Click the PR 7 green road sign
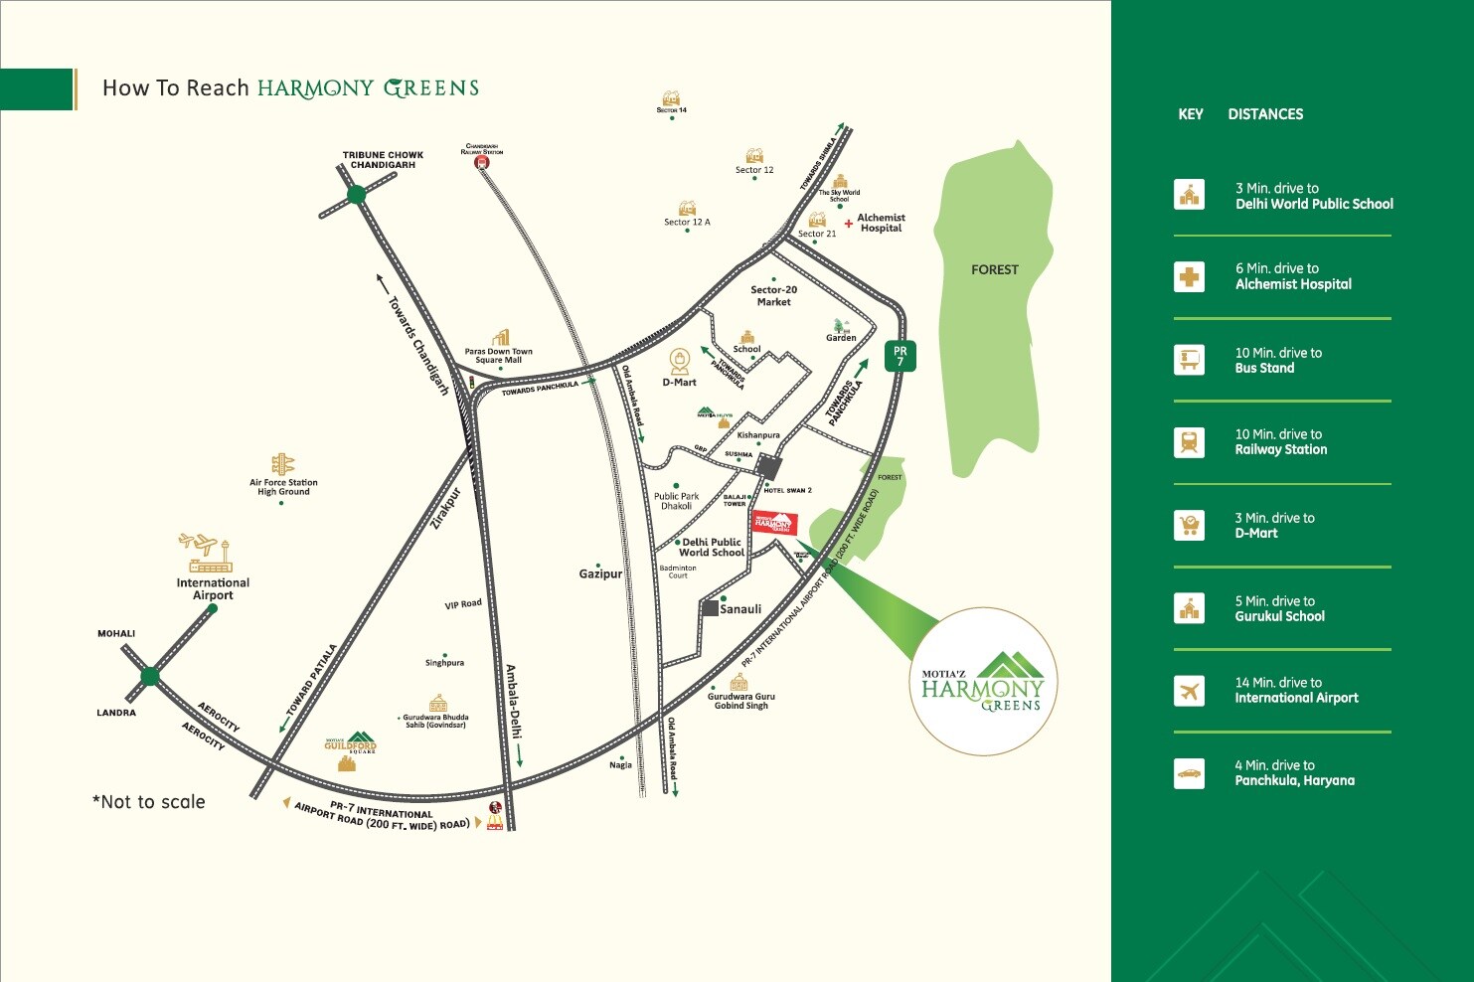(x=900, y=356)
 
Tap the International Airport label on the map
(x=213, y=589)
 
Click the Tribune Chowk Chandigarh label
(x=383, y=160)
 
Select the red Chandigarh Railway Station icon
(x=482, y=162)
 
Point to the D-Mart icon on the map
(x=680, y=359)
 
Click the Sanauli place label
(x=740, y=609)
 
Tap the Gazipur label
(x=600, y=573)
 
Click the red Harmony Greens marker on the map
(x=774, y=523)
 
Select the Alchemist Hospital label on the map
(x=881, y=223)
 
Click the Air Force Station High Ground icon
(x=283, y=464)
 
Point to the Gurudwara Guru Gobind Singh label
(x=740, y=701)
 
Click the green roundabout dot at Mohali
(x=150, y=677)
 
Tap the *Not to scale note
(x=149, y=802)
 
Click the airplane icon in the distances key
(x=1189, y=691)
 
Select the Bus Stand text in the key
(x=1264, y=368)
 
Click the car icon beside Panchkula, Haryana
(x=1189, y=773)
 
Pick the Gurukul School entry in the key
(x=1279, y=616)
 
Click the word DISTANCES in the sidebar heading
(x=1265, y=114)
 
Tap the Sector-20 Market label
(x=773, y=296)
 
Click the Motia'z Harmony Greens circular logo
(x=983, y=683)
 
